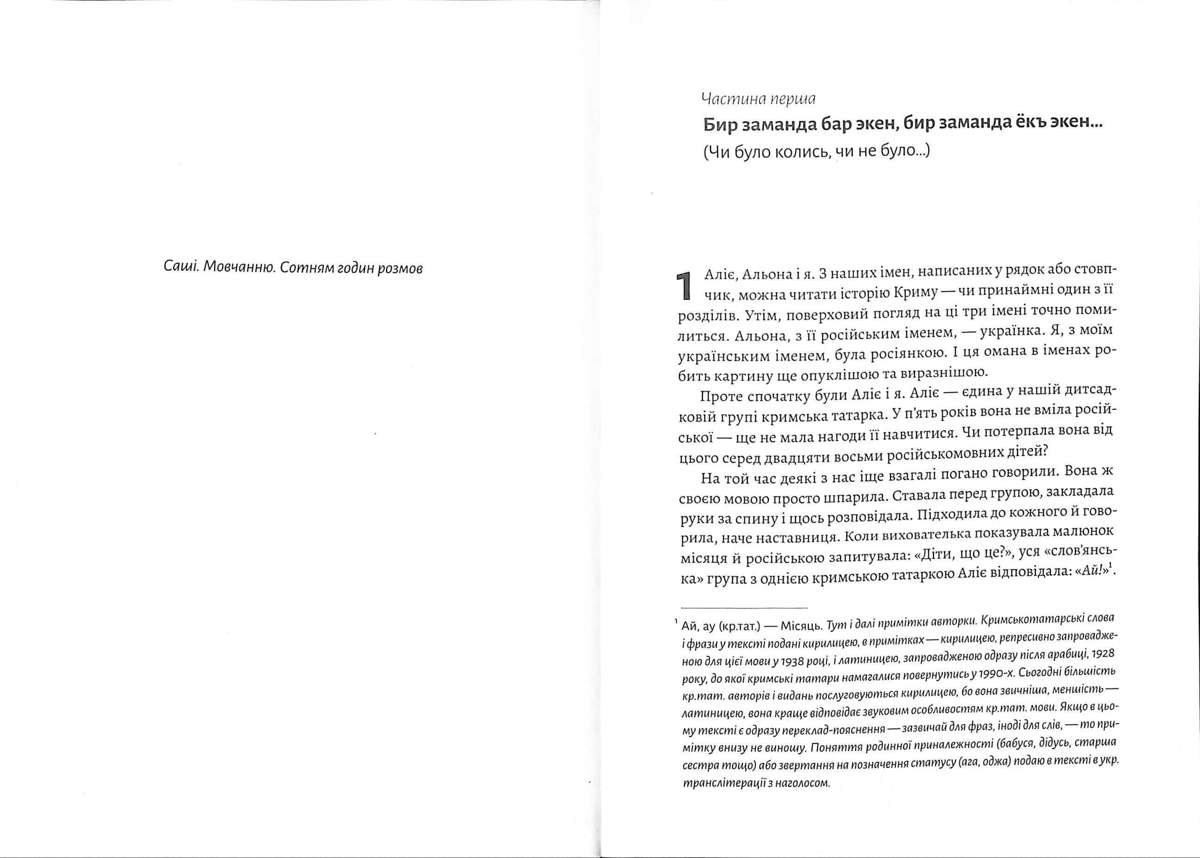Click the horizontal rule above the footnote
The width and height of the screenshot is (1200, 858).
pos(744,607)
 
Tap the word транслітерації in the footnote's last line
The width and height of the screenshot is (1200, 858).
pos(721,783)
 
